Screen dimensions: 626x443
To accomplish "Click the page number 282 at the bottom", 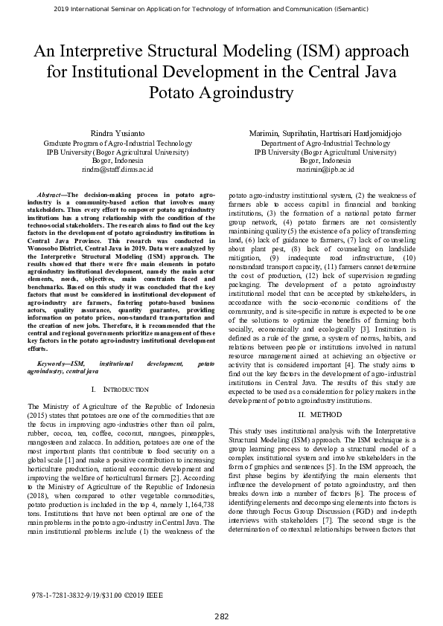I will (x=221, y=616).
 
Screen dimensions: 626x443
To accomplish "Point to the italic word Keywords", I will (x=53, y=364).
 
